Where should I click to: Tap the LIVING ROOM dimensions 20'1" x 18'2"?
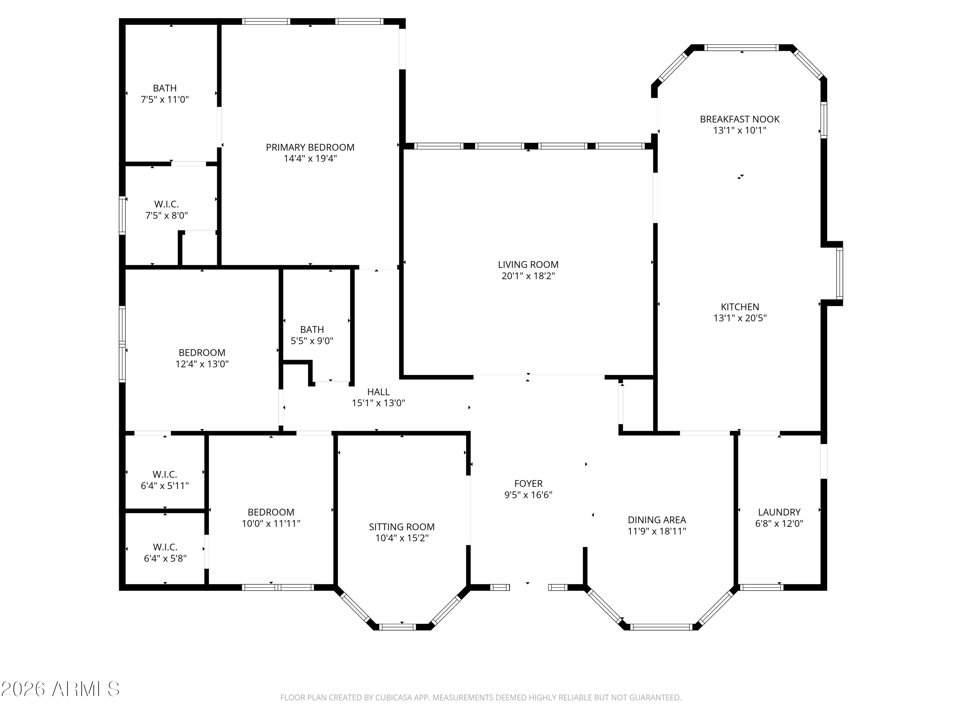[x=528, y=276]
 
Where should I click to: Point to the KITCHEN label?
[x=740, y=307]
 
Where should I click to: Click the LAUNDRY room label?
[x=779, y=512]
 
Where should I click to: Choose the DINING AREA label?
[x=657, y=520]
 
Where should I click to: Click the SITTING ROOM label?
[x=401, y=527]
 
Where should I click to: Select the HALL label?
[x=378, y=392]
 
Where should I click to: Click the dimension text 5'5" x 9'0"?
[x=312, y=341]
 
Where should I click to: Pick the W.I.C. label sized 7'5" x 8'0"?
[x=166, y=204]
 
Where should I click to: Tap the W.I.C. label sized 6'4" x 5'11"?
[x=165, y=474]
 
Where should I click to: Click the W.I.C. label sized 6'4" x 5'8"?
[x=165, y=547]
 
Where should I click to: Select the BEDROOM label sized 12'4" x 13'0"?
[x=202, y=353]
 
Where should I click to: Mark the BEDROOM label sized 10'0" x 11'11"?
[x=271, y=512]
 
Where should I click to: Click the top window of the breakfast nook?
[x=741, y=48]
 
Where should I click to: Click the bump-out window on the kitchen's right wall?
[x=840, y=273]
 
